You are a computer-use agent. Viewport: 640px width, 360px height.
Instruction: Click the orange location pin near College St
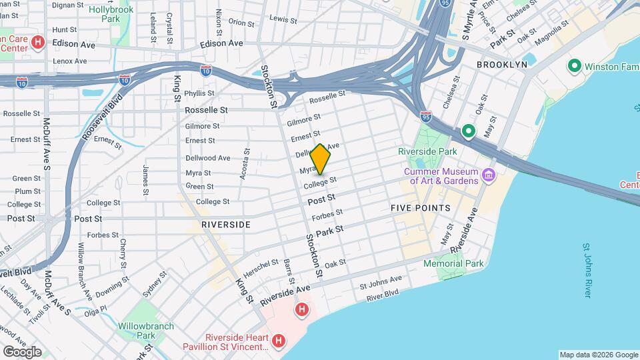tap(321, 160)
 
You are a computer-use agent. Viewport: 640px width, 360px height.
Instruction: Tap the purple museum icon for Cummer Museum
tap(489, 176)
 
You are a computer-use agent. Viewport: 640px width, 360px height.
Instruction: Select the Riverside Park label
tap(427, 151)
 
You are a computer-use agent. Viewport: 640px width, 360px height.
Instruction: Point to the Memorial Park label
tap(453, 263)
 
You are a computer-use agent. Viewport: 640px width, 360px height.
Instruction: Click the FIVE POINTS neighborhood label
tap(420, 208)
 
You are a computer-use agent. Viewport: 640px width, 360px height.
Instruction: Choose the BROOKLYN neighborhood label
tap(502, 64)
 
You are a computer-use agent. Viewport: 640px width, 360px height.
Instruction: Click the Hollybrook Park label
tap(111, 15)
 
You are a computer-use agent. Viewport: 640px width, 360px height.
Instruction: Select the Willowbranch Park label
tap(146, 331)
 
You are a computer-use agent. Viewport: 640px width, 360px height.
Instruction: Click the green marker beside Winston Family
tap(573, 66)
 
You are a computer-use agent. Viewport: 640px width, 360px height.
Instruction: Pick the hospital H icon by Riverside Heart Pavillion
tap(279, 341)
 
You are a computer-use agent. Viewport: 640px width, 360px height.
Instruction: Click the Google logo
tap(22, 352)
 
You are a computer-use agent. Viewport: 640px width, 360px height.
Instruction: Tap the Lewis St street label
tap(283, 20)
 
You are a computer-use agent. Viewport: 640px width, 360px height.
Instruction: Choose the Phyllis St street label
tap(199, 93)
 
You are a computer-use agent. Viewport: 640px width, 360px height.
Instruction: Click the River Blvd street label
tap(382, 293)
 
